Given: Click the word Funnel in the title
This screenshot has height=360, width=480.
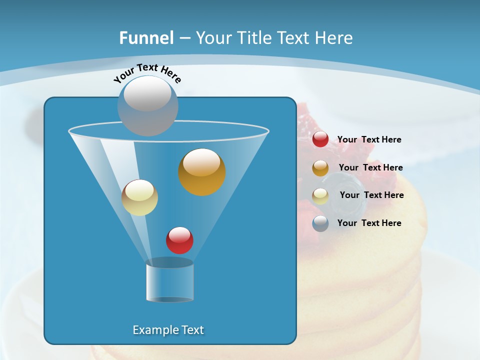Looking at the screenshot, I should point(146,38).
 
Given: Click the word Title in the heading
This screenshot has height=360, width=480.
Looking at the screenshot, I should point(254,38).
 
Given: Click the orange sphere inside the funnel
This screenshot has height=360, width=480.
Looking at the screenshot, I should point(202,172).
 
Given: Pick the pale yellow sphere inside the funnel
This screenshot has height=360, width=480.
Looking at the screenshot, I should point(139,197).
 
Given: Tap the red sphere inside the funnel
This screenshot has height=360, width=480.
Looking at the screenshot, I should point(179,240).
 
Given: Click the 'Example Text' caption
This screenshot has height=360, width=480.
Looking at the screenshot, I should point(168,330).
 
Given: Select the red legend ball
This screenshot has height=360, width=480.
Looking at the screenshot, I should point(320,139).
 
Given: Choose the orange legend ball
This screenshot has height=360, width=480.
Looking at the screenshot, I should point(320,168).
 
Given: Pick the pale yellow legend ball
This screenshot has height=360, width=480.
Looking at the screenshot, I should point(320,196).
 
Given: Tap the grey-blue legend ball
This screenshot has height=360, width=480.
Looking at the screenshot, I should point(320,223).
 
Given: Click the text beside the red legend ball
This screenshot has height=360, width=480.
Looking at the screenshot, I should point(369,140).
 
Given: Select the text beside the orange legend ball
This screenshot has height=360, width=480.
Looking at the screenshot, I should point(370,168).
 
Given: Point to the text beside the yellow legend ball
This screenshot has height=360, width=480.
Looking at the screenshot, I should point(371,195).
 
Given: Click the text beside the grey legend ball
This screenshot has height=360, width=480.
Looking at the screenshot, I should point(369,223).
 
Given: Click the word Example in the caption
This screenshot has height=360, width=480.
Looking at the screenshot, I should point(152,330).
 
